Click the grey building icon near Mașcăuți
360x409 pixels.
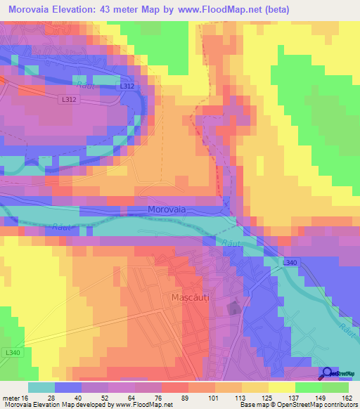point(233,307)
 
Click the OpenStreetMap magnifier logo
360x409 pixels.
point(328,373)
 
